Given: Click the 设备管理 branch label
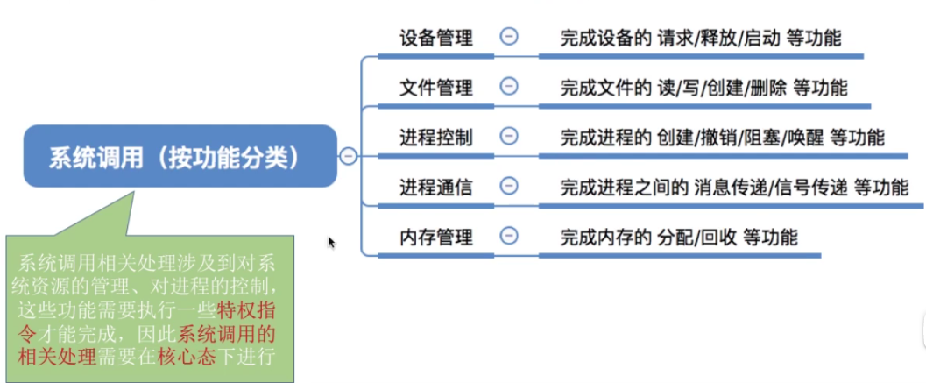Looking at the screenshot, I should click(436, 38).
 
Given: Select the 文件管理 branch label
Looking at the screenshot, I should click(436, 88).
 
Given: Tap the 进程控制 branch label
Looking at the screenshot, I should click(436, 138).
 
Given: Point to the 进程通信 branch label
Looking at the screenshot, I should click(436, 187).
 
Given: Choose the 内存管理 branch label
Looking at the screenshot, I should click(436, 237).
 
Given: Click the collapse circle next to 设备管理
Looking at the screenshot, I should click(508, 37).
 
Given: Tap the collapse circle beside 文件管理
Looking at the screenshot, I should click(508, 87).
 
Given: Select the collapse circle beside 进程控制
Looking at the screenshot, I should click(508, 136).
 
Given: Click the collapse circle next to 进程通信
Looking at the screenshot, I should click(508, 186).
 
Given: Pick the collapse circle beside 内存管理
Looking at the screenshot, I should click(508, 236).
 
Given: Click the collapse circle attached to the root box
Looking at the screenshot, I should click(348, 157).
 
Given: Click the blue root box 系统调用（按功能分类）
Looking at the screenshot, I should click(180, 157).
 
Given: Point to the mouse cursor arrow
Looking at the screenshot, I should click(332, 243).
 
